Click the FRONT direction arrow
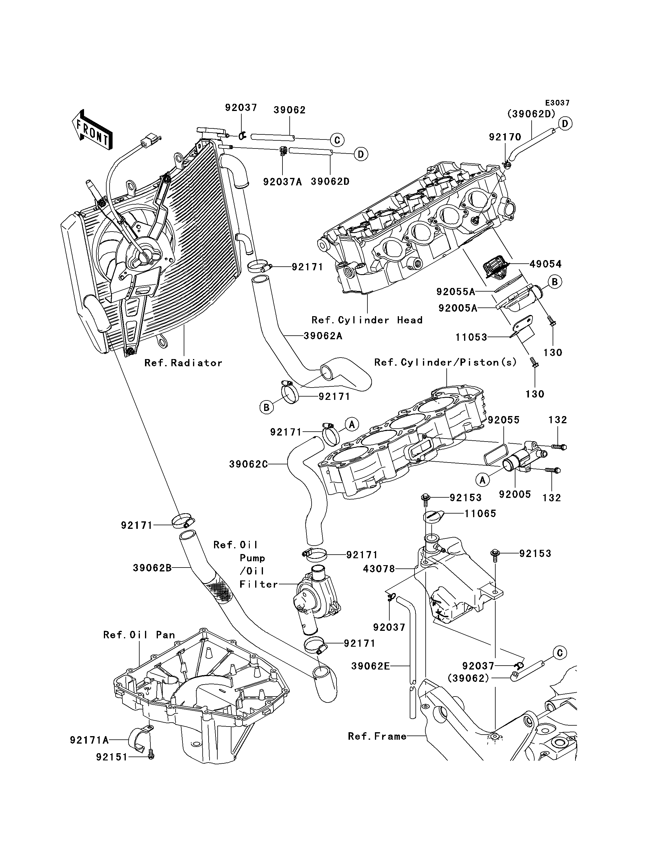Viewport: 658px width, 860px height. [92, 130]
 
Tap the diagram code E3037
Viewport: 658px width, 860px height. [557, 103]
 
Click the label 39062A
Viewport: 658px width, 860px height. [323, 336]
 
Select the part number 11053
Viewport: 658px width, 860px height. [471, 337]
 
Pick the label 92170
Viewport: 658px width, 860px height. [505, 137]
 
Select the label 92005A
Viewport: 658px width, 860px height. [457, 308]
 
